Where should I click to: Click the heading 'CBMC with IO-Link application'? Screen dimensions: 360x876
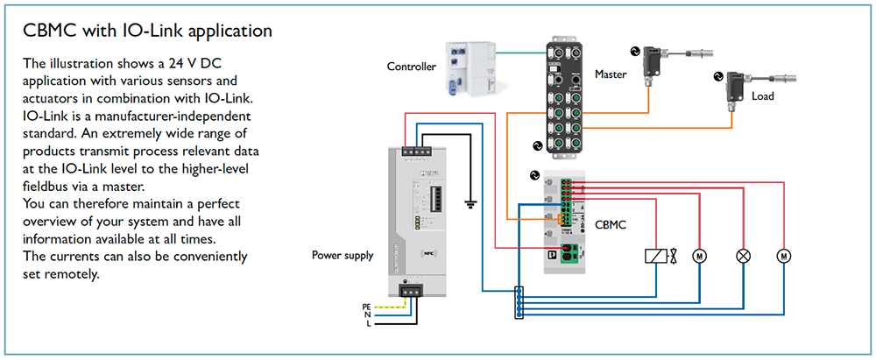[148, 32]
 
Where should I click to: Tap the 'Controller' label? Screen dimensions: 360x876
[412, 66]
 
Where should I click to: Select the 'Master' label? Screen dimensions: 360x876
[611, 74]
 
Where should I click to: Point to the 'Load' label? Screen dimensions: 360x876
[763, 96]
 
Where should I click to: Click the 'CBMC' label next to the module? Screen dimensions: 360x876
[611, 225]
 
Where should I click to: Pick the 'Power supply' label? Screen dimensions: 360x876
[343, 256]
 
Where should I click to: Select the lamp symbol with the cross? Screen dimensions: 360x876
[744, 256]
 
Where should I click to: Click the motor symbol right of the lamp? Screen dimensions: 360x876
[784, 256]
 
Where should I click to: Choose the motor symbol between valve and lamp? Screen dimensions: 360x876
[700, 256]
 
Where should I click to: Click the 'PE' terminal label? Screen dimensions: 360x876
[367, 306]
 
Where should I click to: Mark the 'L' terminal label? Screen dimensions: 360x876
[369, 323]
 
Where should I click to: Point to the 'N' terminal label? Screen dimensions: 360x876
[368, 314]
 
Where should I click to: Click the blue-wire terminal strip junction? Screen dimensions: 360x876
[519, 301]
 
